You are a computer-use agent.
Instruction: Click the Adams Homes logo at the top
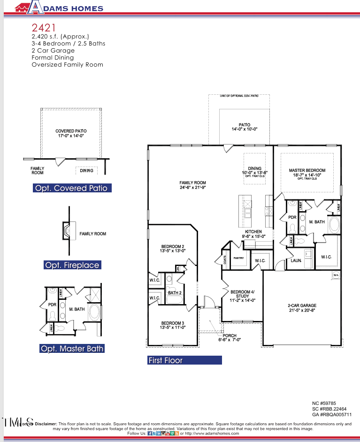(58, 8)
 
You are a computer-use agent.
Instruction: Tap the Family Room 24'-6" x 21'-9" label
(192, 185)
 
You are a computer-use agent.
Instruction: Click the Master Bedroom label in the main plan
(307, 173)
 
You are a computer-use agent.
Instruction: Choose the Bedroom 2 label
(173, 248)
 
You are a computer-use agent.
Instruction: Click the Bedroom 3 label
(173, 325)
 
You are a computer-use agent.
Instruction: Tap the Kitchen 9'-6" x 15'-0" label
(253, 234)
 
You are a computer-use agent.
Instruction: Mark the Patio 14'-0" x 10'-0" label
(244, 127)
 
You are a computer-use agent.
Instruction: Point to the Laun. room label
(296, 260)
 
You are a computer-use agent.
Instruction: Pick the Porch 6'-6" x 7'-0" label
(230, 338)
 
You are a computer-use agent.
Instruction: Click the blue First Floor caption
(184, 360)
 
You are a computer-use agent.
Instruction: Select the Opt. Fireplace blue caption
(72, 265)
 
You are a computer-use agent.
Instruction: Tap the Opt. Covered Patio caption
(72, 188)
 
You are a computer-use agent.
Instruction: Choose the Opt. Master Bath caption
(72, 349)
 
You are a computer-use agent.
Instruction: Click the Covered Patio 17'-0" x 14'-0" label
(71, 133)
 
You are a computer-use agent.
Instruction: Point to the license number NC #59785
(324, 403)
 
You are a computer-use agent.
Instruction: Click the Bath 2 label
(175, 293)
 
